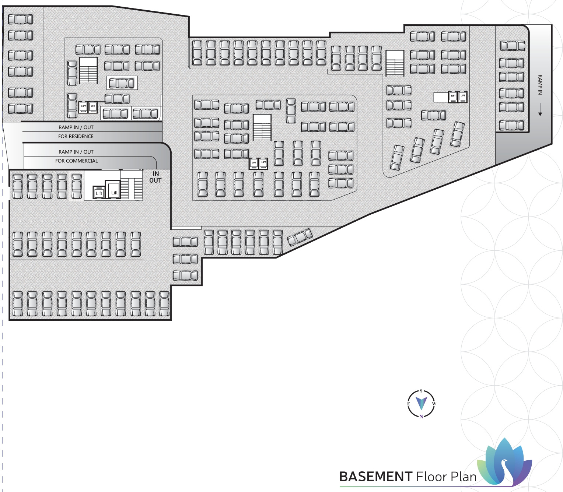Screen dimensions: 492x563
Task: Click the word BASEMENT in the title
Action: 375,477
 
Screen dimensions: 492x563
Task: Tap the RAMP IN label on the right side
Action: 540,85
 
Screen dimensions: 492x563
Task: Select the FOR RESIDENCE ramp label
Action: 76,136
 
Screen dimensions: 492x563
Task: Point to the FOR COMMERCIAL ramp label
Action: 77,161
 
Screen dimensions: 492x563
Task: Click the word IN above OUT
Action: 156,173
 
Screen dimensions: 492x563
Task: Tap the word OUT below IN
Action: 155,180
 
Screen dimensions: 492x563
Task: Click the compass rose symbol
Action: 421,404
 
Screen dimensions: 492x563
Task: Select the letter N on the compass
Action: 421,417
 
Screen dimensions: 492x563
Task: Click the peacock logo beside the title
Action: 506,462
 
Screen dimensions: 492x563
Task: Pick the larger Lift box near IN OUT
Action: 113,189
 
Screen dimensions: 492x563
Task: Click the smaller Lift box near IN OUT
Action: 99,192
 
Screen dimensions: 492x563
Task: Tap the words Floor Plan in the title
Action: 447,477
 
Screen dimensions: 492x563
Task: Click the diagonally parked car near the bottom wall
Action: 300,237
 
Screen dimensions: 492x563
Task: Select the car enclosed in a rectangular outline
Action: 122,83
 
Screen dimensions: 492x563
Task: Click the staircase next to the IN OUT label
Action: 132,185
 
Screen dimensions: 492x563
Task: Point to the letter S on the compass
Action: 421,391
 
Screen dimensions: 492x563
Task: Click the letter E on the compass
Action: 409,404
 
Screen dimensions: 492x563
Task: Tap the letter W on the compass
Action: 434,404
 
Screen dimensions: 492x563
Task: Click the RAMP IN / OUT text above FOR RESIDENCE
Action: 76,127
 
